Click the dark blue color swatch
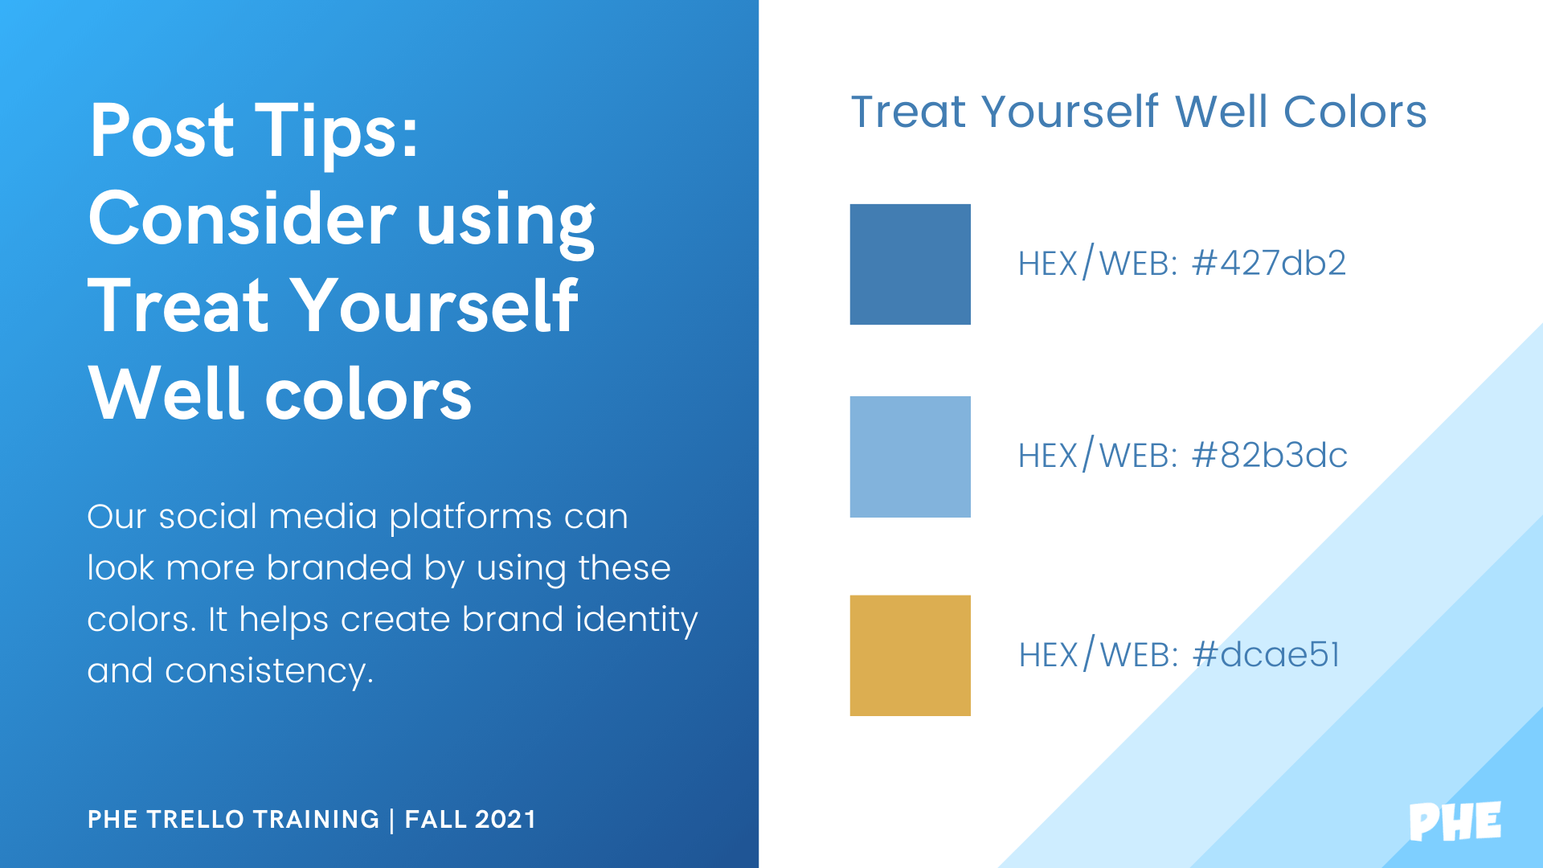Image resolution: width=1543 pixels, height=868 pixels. point(911,264)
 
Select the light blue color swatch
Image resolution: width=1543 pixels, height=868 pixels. point(911,457)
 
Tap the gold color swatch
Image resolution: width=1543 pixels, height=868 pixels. point(911,656)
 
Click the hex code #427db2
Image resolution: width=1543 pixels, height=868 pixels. point(1269,264)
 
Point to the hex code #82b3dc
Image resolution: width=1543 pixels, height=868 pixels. point(1270,456)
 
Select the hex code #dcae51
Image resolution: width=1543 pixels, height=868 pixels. point(1267,655)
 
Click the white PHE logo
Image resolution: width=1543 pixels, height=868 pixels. point(1455,821)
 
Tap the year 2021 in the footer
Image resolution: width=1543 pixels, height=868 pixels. point(505,819)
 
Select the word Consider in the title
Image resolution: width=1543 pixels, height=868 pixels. point(242,219)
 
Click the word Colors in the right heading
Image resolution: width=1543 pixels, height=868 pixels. point(1355,112)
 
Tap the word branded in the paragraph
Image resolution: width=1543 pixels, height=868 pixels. point(339,568)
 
